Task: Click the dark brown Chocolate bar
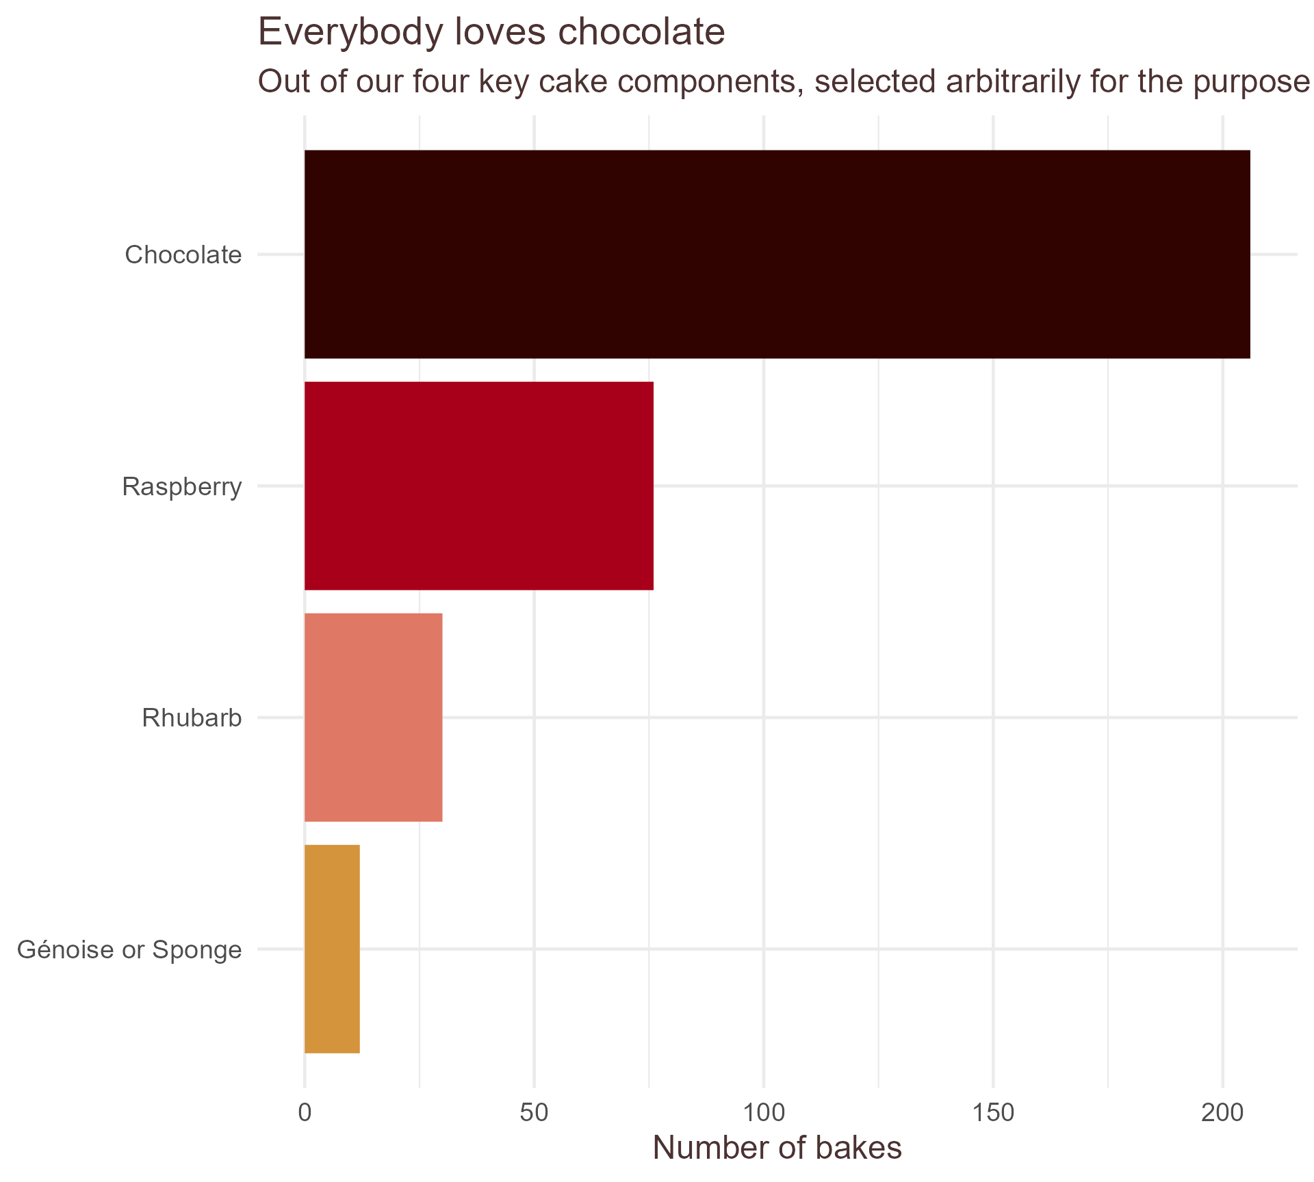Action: pyautogui.click(x=777, y=254)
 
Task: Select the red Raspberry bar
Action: pyautogui.click(x=478, y=486)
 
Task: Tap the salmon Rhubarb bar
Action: pyautogui.click(x=373, y=718)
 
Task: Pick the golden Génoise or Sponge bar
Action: pyautogui.click(x=332, y=949)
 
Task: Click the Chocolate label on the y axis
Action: pyautogui.click(x=183, y=255)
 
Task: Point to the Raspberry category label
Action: pyautogui.click(x=182, y=487)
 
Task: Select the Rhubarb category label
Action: pyautogui.click(x=192, y=718)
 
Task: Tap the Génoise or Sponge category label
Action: pyautogui.click(x=129, y=950)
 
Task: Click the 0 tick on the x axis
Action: pyautogui.click(x=305, y=1113)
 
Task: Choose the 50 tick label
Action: pyautogui.click(x=534, y=1113)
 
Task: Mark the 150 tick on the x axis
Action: pyautogui.click(x=993, y=1113)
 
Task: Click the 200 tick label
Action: pyautogui.click(x=1222, y=1113)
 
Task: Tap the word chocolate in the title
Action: pyautogui.click(x=641, y=33)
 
